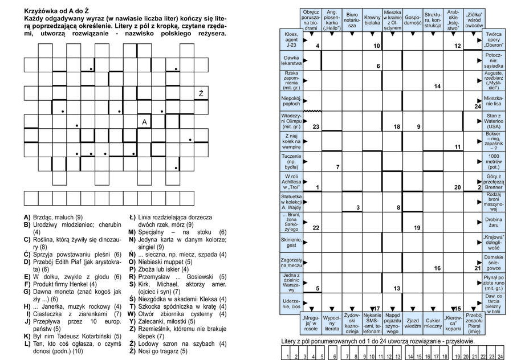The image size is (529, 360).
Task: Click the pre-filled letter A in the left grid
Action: [x=145, y=122]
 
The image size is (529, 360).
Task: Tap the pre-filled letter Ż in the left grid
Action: [x=201, y=93]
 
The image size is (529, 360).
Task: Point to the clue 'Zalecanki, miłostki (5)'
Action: [x=166, y=321]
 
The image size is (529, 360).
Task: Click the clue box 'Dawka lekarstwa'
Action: [x=291, y=60]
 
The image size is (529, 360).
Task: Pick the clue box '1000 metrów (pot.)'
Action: [x=493, y=161]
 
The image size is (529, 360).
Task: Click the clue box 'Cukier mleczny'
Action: [x=433, y=325]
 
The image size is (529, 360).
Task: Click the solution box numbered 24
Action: [x=499, y=354]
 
